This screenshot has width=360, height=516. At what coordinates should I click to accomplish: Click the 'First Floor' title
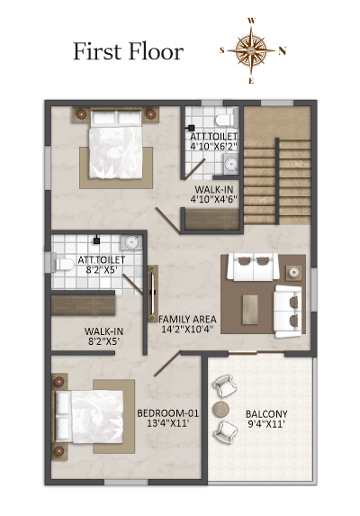(x=128, y=51)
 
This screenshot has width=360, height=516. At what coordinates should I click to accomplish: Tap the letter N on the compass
(x=283, y=51)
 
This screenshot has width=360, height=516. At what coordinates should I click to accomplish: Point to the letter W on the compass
(x=251, y=21)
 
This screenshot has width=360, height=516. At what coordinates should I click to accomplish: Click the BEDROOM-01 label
(x=167, y=413)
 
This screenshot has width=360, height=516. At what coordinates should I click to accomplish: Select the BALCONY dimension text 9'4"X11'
(x=266, y=424)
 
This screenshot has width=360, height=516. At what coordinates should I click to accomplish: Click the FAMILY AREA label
(x=187, y=319)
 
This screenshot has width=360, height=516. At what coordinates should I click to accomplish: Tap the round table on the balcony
(x=220, y=409)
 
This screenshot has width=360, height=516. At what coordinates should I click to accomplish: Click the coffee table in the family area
(x=250, y=310)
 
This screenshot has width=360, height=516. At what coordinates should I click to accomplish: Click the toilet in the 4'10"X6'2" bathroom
(x=226, y=118)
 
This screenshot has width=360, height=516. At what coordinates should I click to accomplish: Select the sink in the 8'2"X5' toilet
(x=131, y=242)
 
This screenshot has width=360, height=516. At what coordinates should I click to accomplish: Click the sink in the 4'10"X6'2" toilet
(x=231, y=164)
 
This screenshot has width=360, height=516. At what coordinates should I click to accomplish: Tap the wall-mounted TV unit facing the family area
(x=153, y=294)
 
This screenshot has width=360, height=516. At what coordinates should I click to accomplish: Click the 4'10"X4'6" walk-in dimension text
(x=213, y=199)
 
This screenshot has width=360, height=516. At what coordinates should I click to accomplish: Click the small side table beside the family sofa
(x=293, y=273)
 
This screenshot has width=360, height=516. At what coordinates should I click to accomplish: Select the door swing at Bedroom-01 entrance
(x=167, y=363)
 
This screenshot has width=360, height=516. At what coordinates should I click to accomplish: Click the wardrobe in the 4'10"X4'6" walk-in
(x=212, y=219)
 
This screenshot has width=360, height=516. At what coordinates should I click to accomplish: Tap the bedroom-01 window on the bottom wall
(x=127, y=483)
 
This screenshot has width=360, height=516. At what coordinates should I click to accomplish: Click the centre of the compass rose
(x=251, y=50)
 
